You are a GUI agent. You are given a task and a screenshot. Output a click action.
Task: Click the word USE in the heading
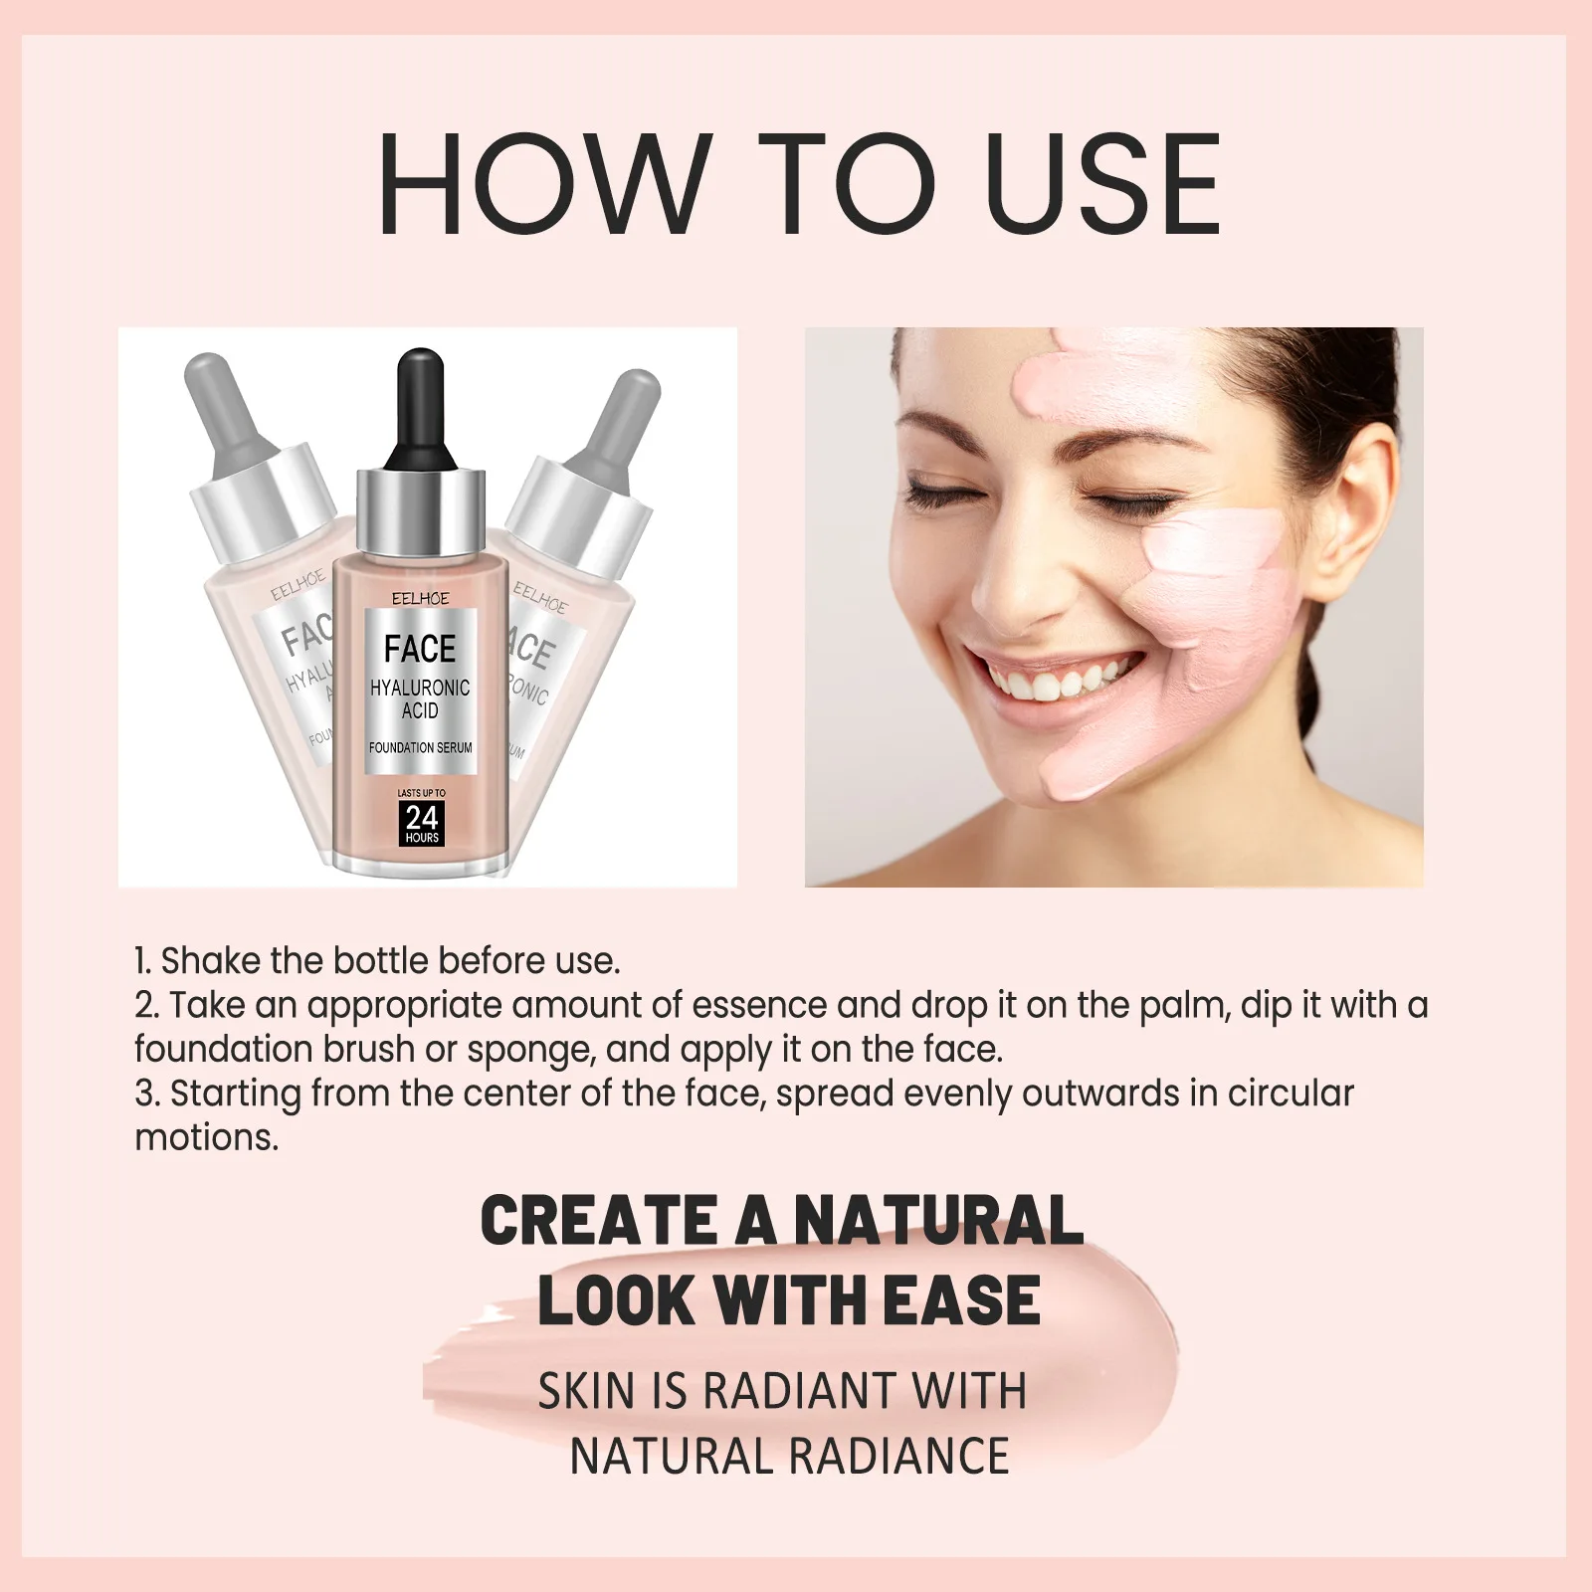(1105, 185)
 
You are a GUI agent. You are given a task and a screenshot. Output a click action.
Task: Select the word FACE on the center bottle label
(420, 649)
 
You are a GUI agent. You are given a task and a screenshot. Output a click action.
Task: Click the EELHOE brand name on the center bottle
(420, 598)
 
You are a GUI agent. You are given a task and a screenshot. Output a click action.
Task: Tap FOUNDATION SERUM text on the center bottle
(420, 747)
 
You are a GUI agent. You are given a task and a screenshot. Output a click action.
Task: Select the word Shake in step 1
(210, 961)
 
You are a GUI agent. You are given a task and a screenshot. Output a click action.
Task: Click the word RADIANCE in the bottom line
(898, 1456)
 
